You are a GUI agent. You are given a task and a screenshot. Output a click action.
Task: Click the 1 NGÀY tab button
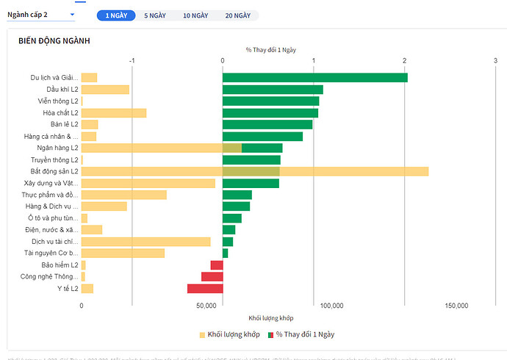(116, 15)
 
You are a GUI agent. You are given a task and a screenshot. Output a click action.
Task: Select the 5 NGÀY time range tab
(154, 15)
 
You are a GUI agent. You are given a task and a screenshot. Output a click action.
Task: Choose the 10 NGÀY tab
(195, 15)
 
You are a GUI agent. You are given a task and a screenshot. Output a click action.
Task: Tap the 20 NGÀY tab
(237, 15)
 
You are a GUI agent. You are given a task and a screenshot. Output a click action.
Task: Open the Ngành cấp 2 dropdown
(40, 15)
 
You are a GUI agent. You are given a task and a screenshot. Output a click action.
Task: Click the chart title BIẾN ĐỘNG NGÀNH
(54, 40)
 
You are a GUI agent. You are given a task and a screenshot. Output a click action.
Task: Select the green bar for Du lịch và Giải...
(314, 77)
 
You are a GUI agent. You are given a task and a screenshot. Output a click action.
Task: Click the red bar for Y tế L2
(205, 289)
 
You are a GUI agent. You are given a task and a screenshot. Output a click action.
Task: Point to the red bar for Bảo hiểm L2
(217, 265)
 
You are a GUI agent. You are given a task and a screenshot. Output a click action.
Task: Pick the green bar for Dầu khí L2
(273, 89)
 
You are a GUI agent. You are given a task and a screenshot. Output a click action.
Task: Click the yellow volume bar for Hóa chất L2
(114, 112)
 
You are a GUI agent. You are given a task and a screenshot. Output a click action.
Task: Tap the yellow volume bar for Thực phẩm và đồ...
(123, 195)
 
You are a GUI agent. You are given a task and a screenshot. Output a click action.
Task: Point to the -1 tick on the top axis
(132, 60)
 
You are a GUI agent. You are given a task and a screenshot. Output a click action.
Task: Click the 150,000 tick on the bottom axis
(456, 305)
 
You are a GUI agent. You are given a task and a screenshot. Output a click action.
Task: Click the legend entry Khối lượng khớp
(229, 334)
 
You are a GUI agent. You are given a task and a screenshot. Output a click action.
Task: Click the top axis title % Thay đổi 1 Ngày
(270, 49)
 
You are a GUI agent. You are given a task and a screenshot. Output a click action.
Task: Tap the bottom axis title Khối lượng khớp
(270, 317)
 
